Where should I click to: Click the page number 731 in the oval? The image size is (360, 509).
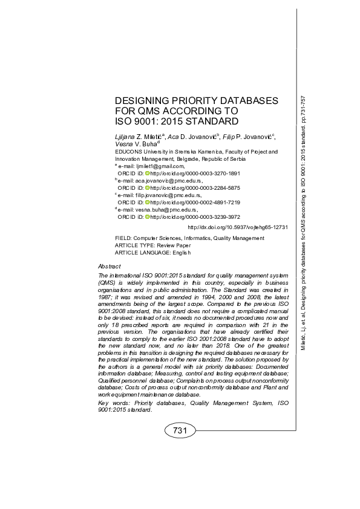click(x=180, y=431)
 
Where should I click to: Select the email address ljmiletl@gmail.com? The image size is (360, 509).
click(x=159, y=165)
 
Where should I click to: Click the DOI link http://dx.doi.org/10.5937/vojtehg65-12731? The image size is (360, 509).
click(x=238, y=227)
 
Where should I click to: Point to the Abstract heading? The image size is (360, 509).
click(x=109, y=267)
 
